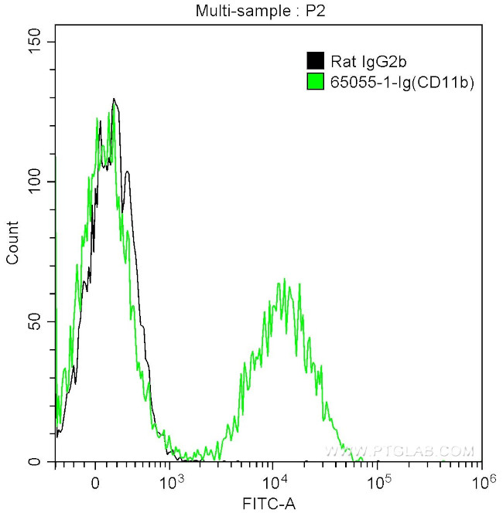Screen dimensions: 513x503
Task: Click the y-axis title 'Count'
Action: click(13, 243)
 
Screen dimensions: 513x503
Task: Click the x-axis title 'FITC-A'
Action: click(269, 503)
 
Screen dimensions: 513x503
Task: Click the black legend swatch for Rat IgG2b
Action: click(315, 61)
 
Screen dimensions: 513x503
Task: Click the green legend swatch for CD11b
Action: click(315, 80)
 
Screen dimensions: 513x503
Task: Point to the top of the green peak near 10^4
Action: click(285, 279)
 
